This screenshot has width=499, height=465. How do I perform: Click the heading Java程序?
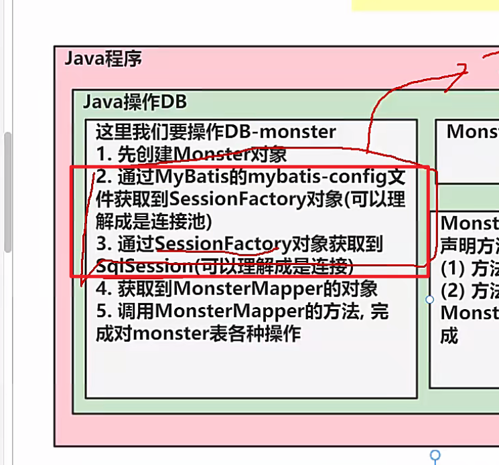103,59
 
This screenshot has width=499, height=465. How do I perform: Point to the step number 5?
102,311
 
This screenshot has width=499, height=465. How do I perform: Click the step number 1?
102,155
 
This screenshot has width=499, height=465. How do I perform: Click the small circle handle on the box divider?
430,299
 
